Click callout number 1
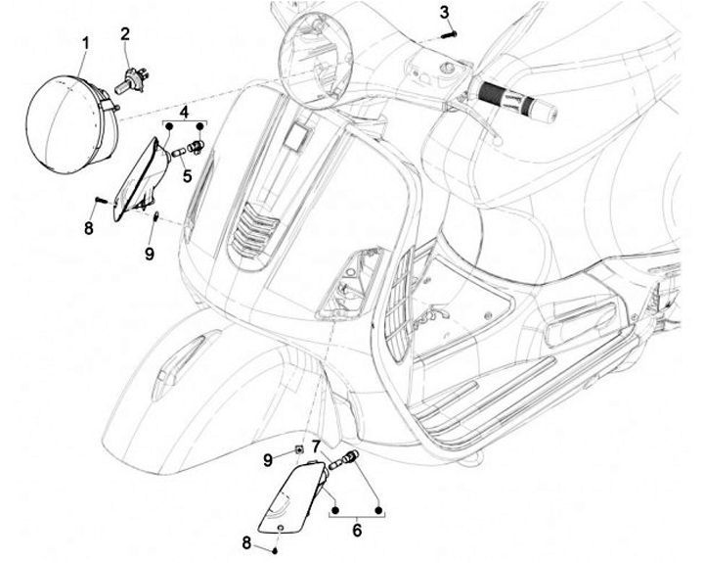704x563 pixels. click(x=85, y=42)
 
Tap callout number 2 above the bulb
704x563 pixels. click(x=125, y=34)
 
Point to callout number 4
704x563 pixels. click(x=186, y=111)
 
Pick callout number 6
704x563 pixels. click(x=356, y=530)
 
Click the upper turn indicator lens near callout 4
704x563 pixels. click(x=138, y=181)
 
